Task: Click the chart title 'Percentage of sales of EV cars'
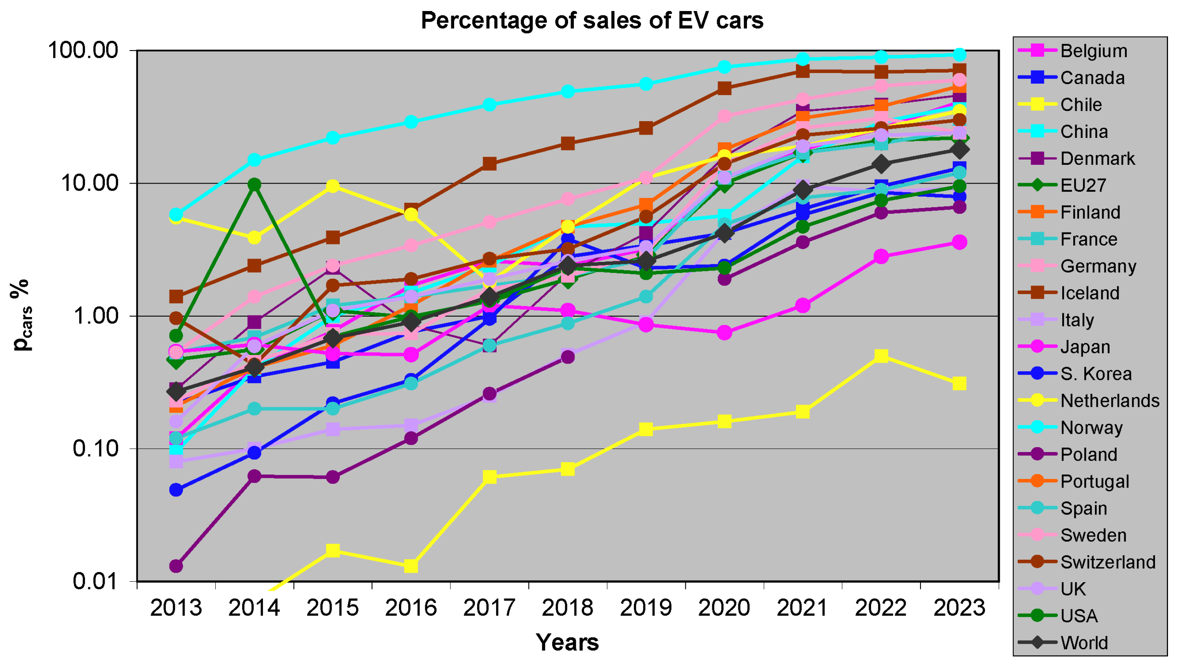click(x=592, y=20)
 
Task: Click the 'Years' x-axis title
click(x=567, y=642)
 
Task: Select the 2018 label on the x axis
click(x=567, y=607)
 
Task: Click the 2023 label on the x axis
click(x=959, y=607)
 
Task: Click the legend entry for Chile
click(x=1061, y=104)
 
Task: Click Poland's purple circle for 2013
click(x=176, y=566)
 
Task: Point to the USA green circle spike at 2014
click(x=254, y=184)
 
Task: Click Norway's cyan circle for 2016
click(x=411, y=122)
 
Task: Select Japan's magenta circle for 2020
click(x=724, y=332)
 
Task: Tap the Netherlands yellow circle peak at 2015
click(x=333, y=186)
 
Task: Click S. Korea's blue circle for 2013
click(x=176, y=490)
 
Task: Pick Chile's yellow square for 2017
click(x=490, y=477)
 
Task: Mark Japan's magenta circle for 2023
click(x=959, y=242)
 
